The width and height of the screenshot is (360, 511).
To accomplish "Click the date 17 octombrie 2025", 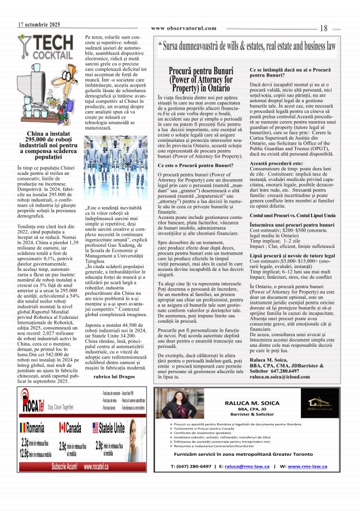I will (x=39, y=25).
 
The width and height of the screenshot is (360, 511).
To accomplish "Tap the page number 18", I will (x=324, y=28).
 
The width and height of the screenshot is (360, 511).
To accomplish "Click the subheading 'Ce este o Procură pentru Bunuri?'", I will (x=188, y=166).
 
